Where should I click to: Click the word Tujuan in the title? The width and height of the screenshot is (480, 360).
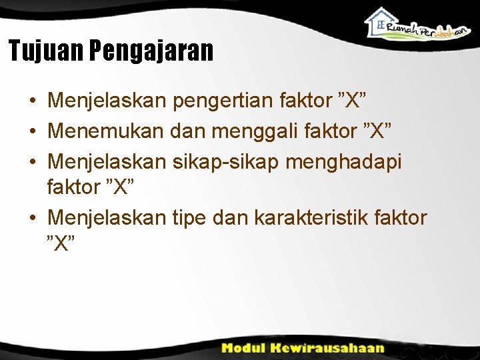tap(45, 51)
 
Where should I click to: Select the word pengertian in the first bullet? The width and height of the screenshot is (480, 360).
tap(224, 103)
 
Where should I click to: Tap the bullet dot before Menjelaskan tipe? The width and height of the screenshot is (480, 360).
tap(32, 218)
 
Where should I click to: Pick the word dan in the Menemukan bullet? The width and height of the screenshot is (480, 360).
tap(189, 132)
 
